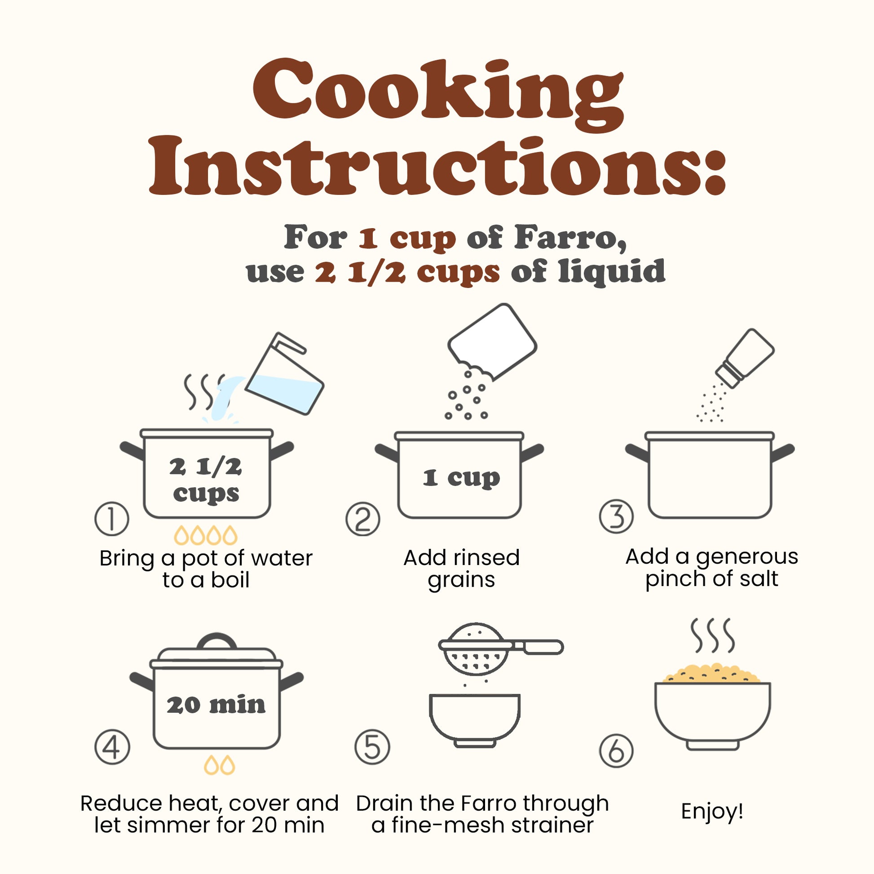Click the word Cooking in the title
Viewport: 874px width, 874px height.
(438, 93)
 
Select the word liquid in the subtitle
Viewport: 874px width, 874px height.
(612, 271)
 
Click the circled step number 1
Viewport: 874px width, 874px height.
(112, 519)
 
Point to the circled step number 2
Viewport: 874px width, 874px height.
(363, 519)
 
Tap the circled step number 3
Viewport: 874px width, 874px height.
(616, 516)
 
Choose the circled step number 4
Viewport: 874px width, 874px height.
(112, 747)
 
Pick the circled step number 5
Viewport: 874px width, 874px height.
(372, 747)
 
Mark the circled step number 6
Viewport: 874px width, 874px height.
(616, 750)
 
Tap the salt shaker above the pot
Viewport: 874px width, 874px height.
(745, 358)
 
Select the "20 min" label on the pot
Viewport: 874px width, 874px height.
(216, 705)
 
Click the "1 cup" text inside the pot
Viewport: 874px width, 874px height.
(461, 478)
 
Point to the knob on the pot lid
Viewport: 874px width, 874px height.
(217, 641)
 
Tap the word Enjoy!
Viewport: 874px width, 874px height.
(712, 811)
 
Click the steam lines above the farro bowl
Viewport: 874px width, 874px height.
(712, 636)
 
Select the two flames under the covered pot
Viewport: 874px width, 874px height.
(220, 765)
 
